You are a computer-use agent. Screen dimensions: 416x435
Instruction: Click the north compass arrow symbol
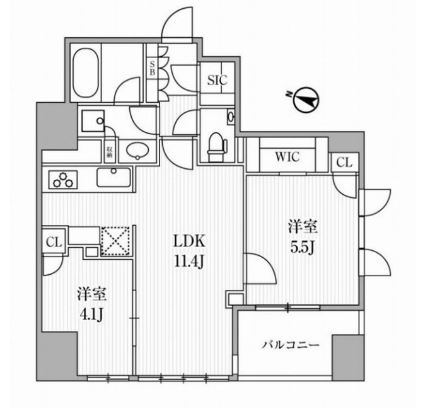[305, 100]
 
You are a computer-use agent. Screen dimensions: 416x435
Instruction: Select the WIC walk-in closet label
[287, 156]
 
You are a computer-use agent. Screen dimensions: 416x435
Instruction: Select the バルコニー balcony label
[291, 345]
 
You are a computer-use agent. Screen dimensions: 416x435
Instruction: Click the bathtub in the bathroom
[86, 72]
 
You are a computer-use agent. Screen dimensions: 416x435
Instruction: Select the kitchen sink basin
[113, 177]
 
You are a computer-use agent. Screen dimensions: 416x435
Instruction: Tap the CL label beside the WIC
[344, 163]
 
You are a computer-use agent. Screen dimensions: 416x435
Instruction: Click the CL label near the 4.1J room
[54, 240]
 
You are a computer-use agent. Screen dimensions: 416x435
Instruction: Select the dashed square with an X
[115, 240]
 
